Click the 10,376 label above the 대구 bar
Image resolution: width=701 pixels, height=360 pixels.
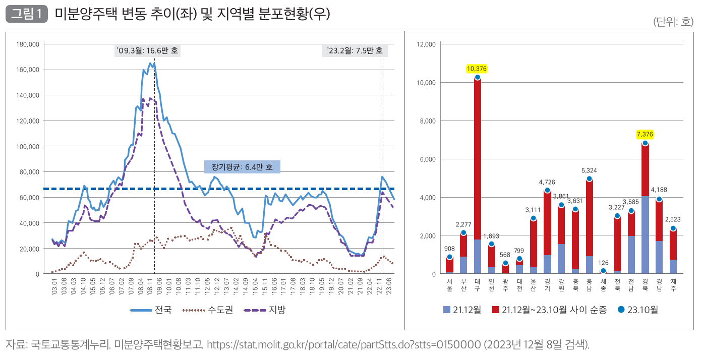click(x=477, y=69)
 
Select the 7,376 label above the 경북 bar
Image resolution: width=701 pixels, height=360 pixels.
click(x=645, y=134)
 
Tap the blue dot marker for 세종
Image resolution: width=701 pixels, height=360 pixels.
click(x=603, y=271)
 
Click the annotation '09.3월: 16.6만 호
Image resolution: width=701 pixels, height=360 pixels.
click(x=147, y=51)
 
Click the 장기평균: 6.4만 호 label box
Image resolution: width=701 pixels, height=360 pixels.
click(x=242, y=167)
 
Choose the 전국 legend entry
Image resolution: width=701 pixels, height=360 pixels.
click(x=151, y=310)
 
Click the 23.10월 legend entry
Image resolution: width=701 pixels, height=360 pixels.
click(x=637, y=310)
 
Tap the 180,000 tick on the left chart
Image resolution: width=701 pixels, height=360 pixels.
click(x=28, y=44)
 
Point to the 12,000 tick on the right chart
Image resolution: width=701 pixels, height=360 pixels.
click(x=426, y=44)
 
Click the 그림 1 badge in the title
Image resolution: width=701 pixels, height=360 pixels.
click(x=26, y=14)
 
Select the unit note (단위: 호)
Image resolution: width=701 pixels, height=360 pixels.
click(x=673, y=22)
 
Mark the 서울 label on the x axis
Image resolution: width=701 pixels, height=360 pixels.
click(x=449, y=285)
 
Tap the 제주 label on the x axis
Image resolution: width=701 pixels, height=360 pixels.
click(x=673, y=285)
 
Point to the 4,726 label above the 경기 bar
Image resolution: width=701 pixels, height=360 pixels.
click(x=547, y=182)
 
